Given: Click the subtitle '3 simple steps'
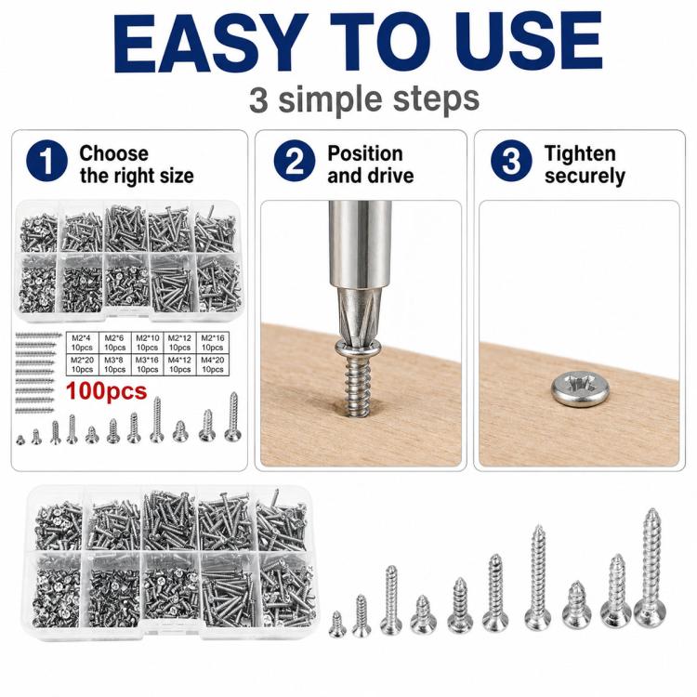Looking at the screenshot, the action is tap(364, 99).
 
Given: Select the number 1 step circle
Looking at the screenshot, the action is tap(46, 161).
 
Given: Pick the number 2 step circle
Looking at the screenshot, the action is tap(295, 161).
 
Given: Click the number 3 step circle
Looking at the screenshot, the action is tap(511, 161).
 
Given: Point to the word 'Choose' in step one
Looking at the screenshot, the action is tap(113, 153).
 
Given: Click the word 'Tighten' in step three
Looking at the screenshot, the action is tap(580, 153).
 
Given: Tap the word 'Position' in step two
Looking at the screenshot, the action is tap(365, 153).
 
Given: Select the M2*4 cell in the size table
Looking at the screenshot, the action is tap(82, 343).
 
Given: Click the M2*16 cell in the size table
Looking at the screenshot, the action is tap(213, 343).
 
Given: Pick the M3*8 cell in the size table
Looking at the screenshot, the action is tap(114, 364).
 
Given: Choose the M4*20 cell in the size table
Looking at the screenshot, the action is tap(213, 364).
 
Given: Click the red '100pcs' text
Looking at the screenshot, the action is tap(106, 391).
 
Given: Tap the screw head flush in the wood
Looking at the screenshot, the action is tap(581, 389).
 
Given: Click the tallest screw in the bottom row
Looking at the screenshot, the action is tap(650, 568).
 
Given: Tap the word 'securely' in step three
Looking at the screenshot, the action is tap(585, 176).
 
